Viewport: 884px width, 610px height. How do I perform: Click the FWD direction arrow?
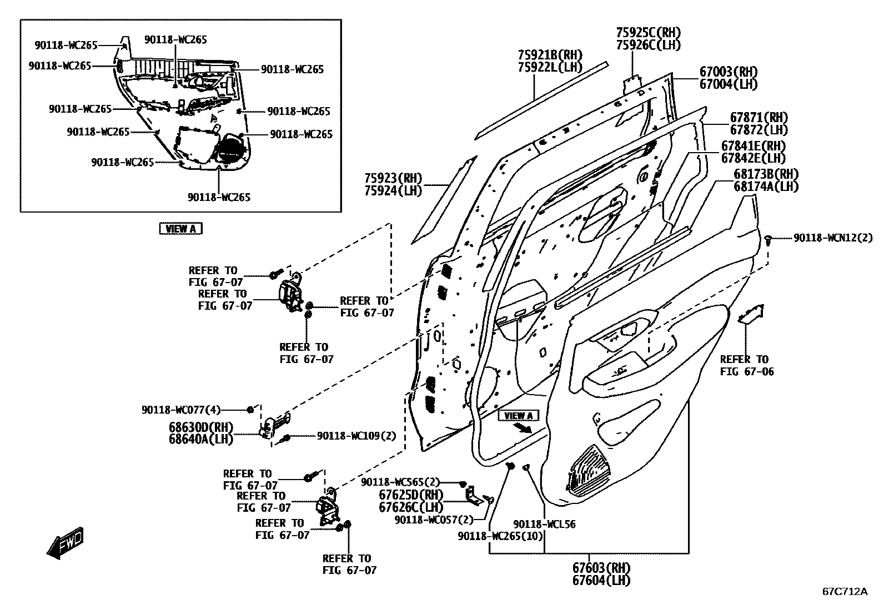coord(65,542)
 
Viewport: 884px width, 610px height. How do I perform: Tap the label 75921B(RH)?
coord(550,55)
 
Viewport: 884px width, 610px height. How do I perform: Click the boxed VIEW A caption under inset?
coord(180,229)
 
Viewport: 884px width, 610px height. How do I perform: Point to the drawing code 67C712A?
coord(845,591)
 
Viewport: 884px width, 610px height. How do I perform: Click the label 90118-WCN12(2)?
coord(832,238)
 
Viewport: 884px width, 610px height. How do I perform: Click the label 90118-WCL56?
coord(544,524)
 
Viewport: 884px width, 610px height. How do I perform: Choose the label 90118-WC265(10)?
coord(500,536)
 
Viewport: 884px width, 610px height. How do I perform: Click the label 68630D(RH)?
coord(201,427)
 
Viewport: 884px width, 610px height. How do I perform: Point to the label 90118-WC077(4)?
coord(181,410)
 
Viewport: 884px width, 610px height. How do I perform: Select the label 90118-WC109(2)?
coord(356,436)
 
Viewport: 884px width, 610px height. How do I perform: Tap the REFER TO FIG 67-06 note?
coord(744,365)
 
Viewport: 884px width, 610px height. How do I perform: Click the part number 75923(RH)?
coord(393,179)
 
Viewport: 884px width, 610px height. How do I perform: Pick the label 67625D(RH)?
coord(411,495)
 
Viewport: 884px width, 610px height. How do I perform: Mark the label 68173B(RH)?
coord(766,174)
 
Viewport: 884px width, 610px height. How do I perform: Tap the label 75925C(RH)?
coord(648,33)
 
